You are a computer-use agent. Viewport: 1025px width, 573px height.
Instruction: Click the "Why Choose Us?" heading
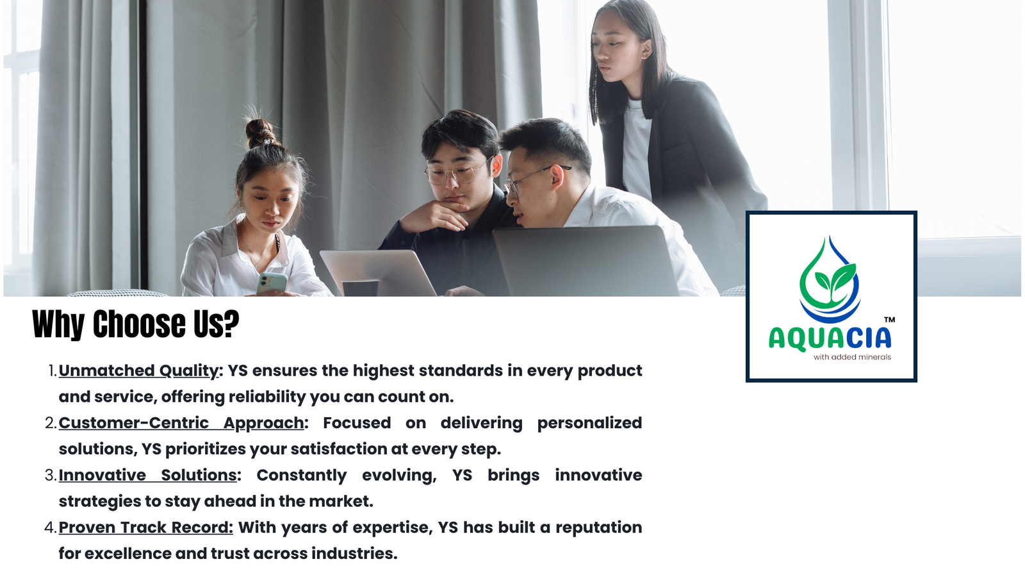(135, 324)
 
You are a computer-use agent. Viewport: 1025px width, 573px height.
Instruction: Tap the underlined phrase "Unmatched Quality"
(138, 370)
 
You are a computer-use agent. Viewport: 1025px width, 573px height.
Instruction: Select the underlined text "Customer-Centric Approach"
(181, 423)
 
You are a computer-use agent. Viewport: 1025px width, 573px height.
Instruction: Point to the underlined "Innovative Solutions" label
(147, 475)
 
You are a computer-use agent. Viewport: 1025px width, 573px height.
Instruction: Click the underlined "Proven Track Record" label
(145, 527)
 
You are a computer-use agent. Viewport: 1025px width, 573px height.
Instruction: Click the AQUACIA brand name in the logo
(830, 338)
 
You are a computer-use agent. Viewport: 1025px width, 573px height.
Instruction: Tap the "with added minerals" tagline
(852, 357)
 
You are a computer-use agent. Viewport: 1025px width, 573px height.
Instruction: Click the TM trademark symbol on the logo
(889, 319)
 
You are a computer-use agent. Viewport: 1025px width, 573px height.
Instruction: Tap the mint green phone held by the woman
(272, 283)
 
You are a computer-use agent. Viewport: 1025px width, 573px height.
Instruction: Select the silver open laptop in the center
(378, 273)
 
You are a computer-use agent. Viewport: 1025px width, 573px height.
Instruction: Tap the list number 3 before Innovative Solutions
(51, 475)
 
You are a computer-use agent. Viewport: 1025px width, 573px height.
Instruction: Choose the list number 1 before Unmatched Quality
(52, 370)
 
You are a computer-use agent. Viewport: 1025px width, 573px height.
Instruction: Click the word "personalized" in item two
(589, 424)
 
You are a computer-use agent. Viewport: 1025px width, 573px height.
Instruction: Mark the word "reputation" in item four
(598, 527)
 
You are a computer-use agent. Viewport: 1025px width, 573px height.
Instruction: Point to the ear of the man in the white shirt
(557, 178)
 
